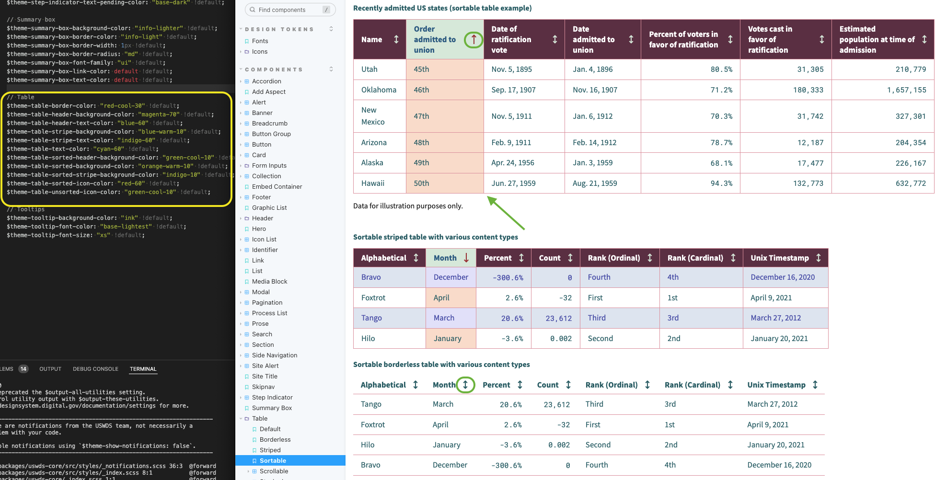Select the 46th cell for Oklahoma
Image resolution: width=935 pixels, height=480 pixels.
pyautogui.click(x=422, y=90)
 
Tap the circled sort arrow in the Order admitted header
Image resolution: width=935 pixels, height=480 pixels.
pyautogui.click(x=473, y=39)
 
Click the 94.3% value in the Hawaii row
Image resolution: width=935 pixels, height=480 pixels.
pyautogui.click(x=721, y=183)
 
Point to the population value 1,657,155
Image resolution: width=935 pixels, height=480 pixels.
pyautogui.click(x=906, y=90)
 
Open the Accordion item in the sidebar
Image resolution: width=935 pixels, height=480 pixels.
pyautogui.click(x=266, y=81)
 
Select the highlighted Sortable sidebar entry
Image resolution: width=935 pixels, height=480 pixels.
pyautogui.click(x=273, y=460)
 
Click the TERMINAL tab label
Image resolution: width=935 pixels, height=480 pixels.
pyautogui.click(x=143, y=369)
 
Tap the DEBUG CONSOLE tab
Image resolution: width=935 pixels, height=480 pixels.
pyautogui.click(x=95, y=369)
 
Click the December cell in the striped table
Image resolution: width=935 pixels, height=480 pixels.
pyautogui.click(x=450, y=277)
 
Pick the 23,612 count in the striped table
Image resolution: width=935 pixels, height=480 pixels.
pyautogui.click(x=558, y=318)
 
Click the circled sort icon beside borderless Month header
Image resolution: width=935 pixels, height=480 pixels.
pyautogui.click(x=465, y=385)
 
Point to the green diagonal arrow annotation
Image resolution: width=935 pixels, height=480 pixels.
pyautogui.click(x=506, y=213)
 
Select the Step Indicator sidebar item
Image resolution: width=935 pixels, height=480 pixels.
pyautogui.click(x=272, y=397)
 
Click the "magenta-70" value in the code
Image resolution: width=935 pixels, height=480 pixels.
pyautogui.click(x=159, y=114)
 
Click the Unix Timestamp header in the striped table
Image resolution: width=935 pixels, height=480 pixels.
pyautogui.click(x=780, y=258)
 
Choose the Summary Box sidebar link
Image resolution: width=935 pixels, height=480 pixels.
pyautogui.click(x=272, y=408)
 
